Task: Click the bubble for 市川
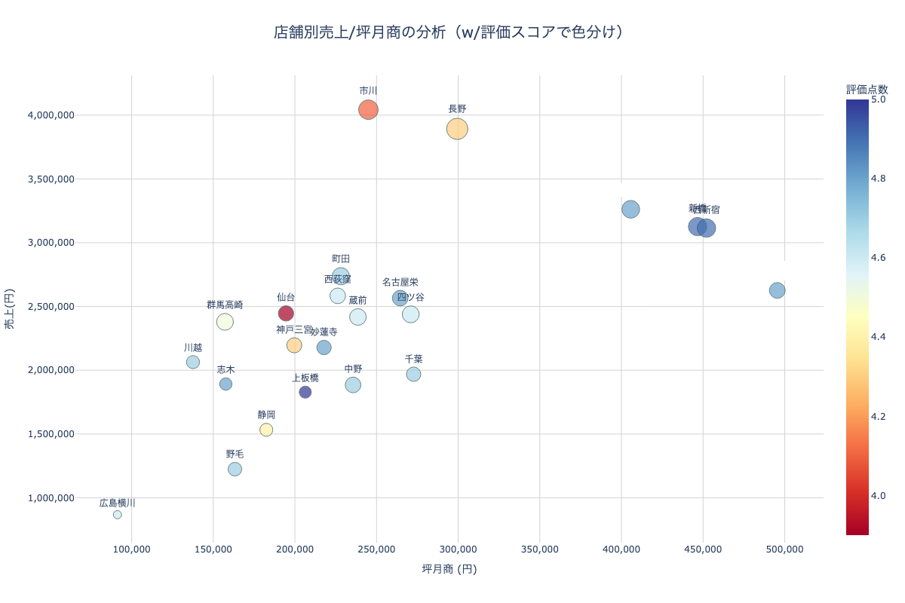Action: tap(368, 110)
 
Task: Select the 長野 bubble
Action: tap(457, 129)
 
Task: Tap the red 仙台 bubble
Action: tap(286, 314)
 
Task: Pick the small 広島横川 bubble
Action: tap(118, 515)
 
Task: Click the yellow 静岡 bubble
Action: tap(266, 430)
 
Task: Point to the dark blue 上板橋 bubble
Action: tap(305, 392)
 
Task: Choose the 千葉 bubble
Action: tap(413, 375)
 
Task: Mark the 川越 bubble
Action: tap(193, 362)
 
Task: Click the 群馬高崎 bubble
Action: tap(225, 322)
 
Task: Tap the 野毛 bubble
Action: tap(235, 469)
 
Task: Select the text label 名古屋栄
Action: tap(400, 282)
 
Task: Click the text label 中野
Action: tap(353, 369)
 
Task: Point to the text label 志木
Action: tap(225, 369)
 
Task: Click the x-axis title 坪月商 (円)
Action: tap(449, 569)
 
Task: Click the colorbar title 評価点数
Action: tap(867, 89)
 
